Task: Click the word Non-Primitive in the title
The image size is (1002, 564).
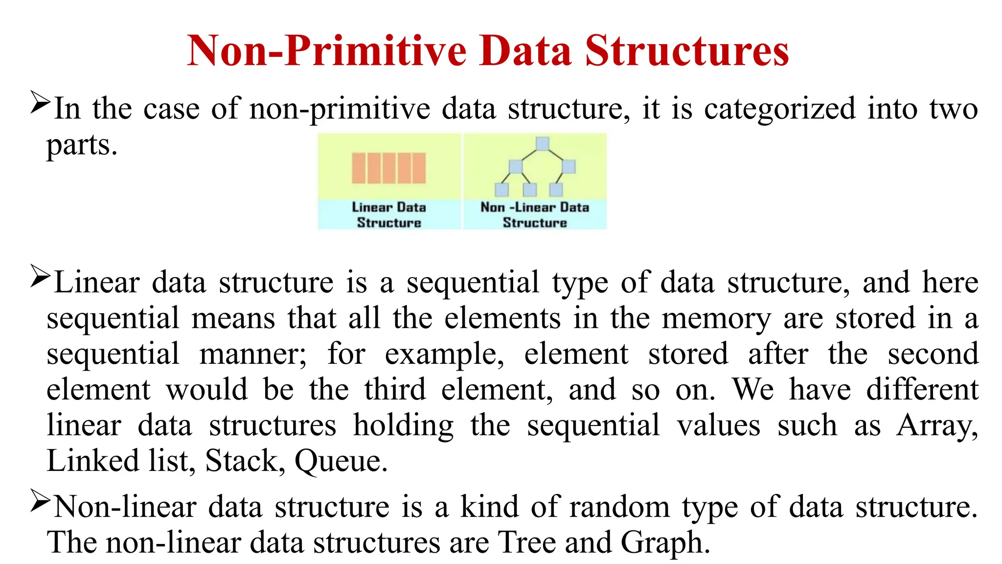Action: click(x=327, y=50)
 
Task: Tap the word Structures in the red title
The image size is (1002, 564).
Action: click(x=687, y=50)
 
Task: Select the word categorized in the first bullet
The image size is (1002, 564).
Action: click(x=780, y=108)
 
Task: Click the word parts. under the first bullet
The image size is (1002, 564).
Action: click(x=82, y=145)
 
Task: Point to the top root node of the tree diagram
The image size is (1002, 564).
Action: click(x=542, y=143)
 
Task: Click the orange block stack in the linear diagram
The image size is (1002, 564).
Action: click(x=389, y=168)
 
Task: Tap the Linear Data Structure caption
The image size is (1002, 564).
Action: click(x=389, y=215)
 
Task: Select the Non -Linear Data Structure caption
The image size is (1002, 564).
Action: click(x=535, y=215)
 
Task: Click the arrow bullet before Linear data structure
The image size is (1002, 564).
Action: click(x=40, y=277)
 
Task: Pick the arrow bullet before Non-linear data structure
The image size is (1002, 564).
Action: click(x=40, y=501)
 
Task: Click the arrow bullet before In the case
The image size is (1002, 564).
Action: click(x=40, y=102)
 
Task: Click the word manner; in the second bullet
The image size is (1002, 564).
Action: click(x=253, y=354)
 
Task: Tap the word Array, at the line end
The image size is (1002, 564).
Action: click(x=937, y=425)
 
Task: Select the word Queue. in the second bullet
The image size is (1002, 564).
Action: click(x=341, y=461)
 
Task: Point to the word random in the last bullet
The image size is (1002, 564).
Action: click(x=620, y=507)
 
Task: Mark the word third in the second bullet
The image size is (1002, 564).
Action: click(x=395, y=390)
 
